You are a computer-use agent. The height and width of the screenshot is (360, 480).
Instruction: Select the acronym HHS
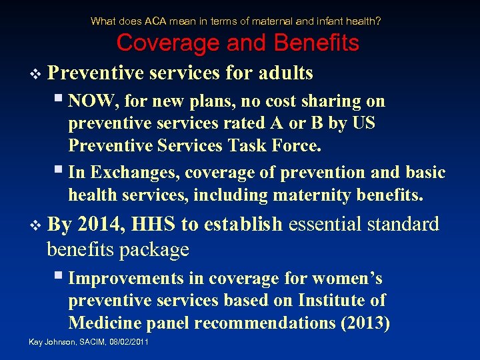point(154,224)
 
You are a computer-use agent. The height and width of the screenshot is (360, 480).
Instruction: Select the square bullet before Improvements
point(59,277)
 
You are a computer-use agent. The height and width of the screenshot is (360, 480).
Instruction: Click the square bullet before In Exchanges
point(59,172)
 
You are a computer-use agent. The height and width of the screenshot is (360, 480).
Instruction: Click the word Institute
point(329,301)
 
